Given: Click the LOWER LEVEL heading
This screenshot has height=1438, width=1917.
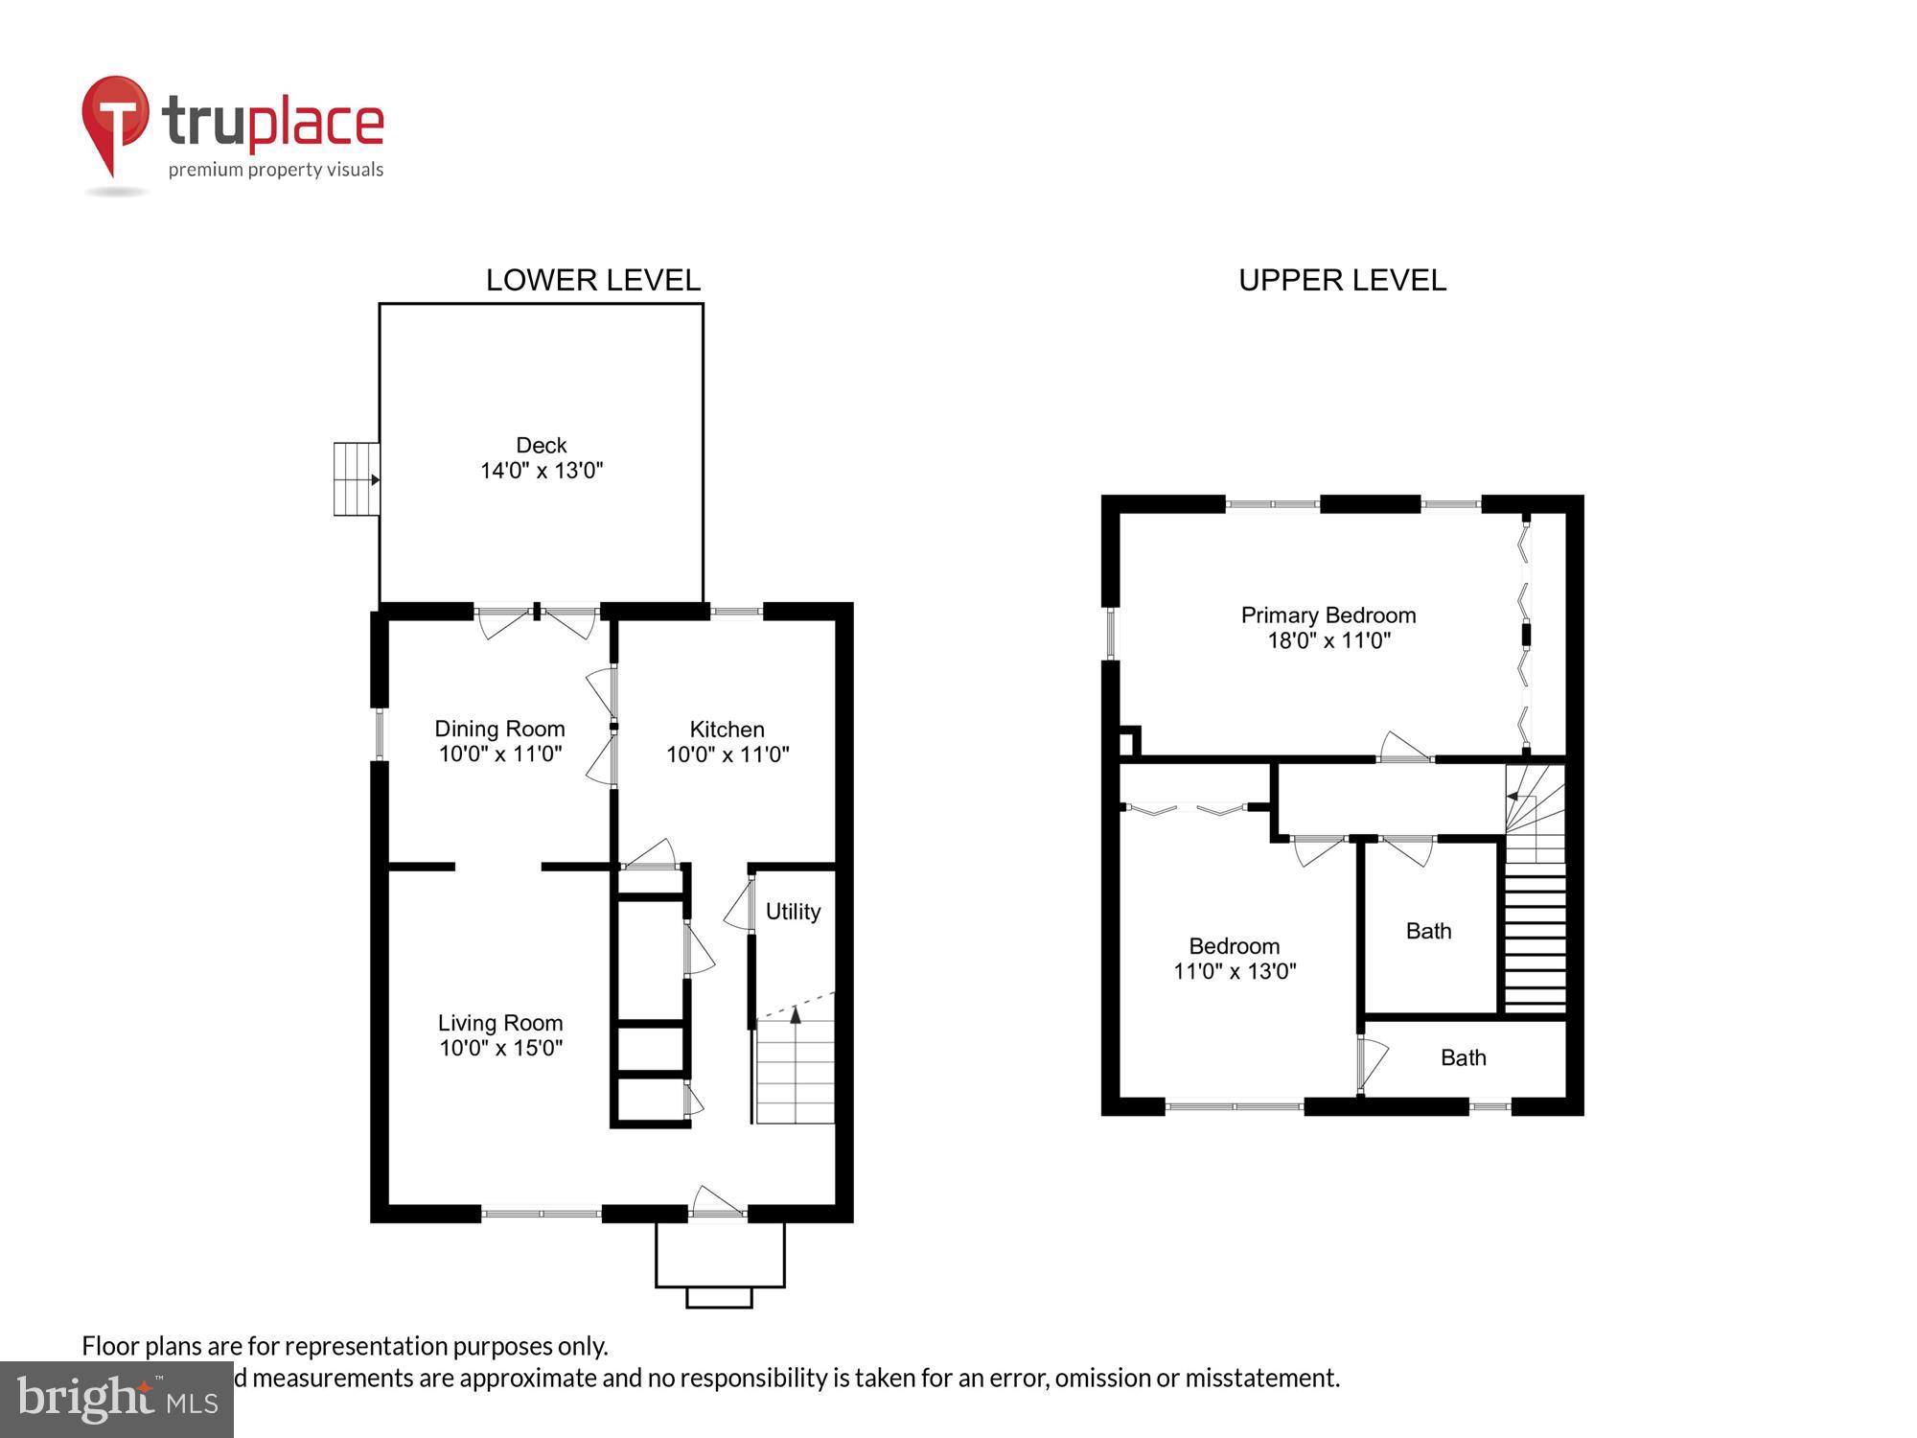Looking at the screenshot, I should tap(592, 280).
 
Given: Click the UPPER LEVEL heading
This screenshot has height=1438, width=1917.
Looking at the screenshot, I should tap(1342, 280).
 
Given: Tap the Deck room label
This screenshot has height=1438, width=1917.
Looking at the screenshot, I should tap(542, 445).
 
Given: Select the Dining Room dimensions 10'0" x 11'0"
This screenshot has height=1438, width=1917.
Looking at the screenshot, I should tap(499, 754).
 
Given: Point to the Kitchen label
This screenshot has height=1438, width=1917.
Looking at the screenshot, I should tap(727, 730).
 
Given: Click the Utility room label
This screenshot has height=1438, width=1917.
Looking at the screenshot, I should tap(793, 912).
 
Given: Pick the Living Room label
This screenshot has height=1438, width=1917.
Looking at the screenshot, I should tap(500, 1023).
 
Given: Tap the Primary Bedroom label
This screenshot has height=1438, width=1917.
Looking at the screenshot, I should tap(1328, 615).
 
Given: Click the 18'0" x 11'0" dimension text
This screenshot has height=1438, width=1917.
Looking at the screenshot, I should tap(1328, 640).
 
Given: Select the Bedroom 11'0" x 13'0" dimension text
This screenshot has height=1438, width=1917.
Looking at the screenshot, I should tap(1235, 971).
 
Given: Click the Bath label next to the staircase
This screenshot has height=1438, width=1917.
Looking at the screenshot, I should tap(1428, 931).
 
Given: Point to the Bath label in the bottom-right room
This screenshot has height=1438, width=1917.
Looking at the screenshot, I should tap(1463, 1057).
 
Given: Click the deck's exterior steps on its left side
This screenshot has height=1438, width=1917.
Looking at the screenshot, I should tap(356, 479).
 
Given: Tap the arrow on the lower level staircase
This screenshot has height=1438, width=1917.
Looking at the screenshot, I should tap(795, 1015).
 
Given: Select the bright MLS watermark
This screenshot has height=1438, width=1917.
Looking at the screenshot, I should tap(117, 1400).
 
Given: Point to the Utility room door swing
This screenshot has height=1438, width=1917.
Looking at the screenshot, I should tap(739, 906).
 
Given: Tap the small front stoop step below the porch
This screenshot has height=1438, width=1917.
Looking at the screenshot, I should tap(719, 1297).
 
